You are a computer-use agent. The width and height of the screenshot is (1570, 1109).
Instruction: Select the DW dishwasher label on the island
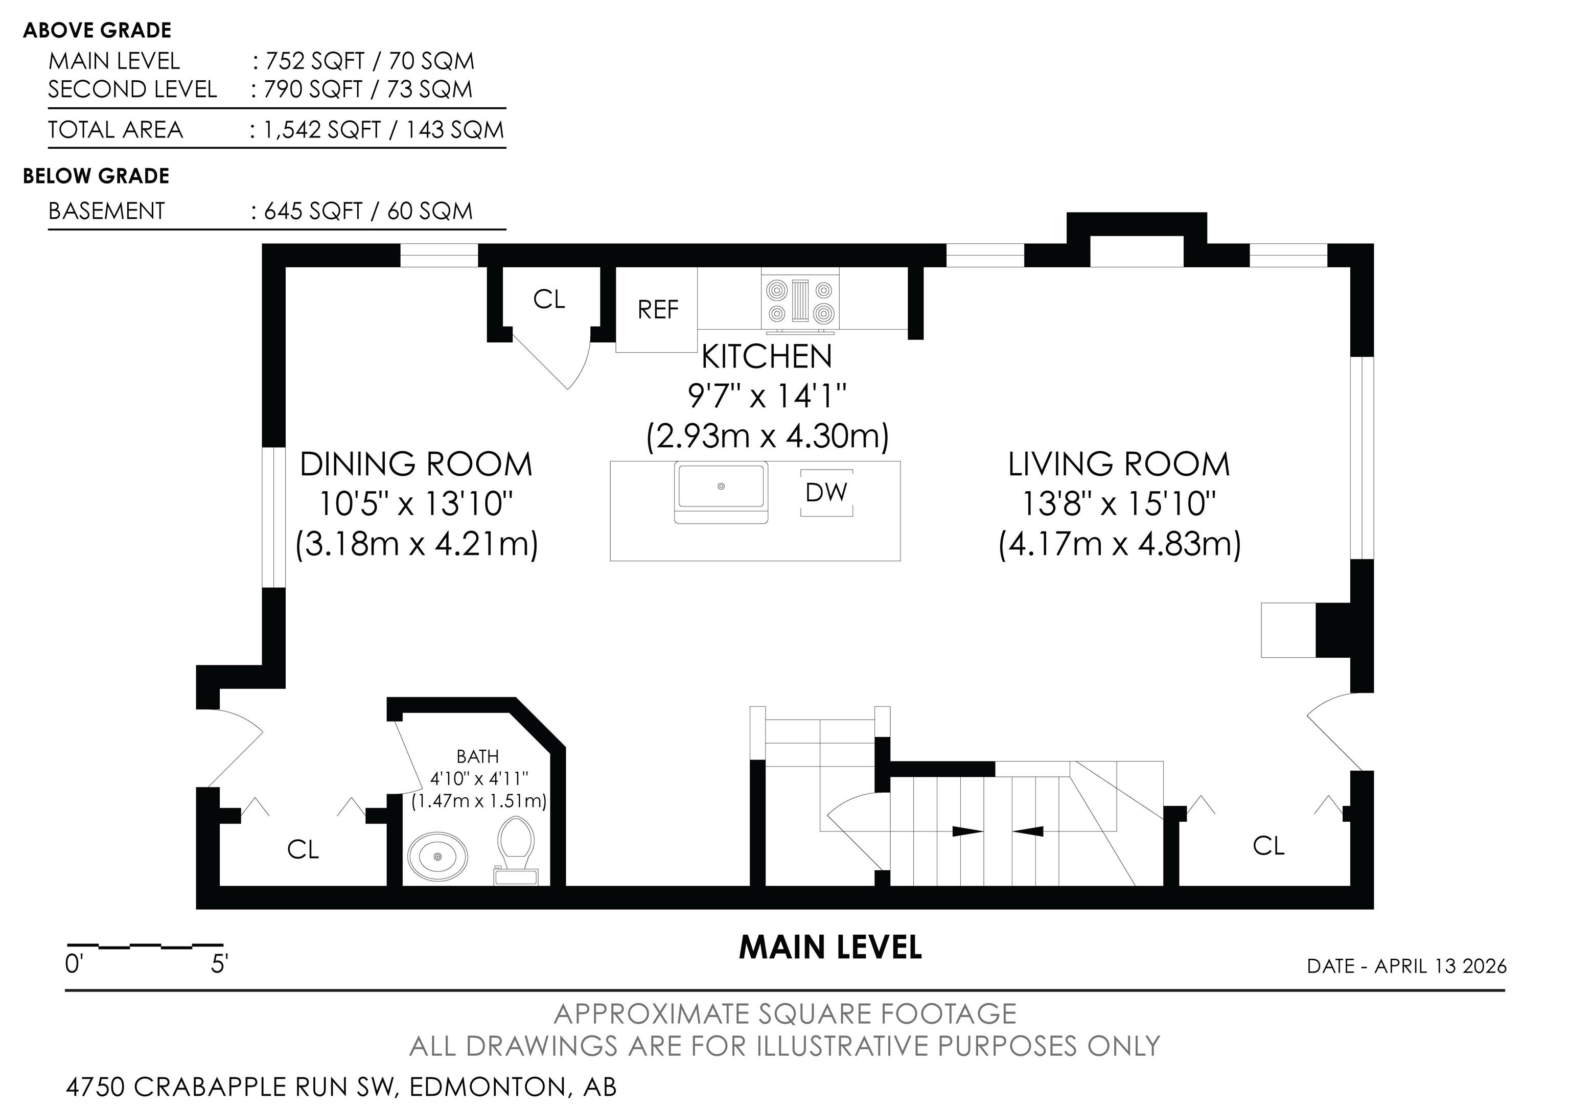click(x=826, y=492)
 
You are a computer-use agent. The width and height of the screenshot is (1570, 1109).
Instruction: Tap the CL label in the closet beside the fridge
click(x=549, y=299)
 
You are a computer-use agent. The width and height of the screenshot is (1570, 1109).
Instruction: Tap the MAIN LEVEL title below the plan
click(x=830, y=947)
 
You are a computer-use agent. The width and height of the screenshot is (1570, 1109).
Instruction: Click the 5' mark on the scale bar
click(x=219, y=964)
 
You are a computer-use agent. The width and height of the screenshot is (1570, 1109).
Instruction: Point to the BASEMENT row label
click(x=107, y=211)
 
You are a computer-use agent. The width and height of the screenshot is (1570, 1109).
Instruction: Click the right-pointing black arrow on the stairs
click(x=967, y=831)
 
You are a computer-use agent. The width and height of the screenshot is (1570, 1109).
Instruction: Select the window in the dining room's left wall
click(x=273, y=518)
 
